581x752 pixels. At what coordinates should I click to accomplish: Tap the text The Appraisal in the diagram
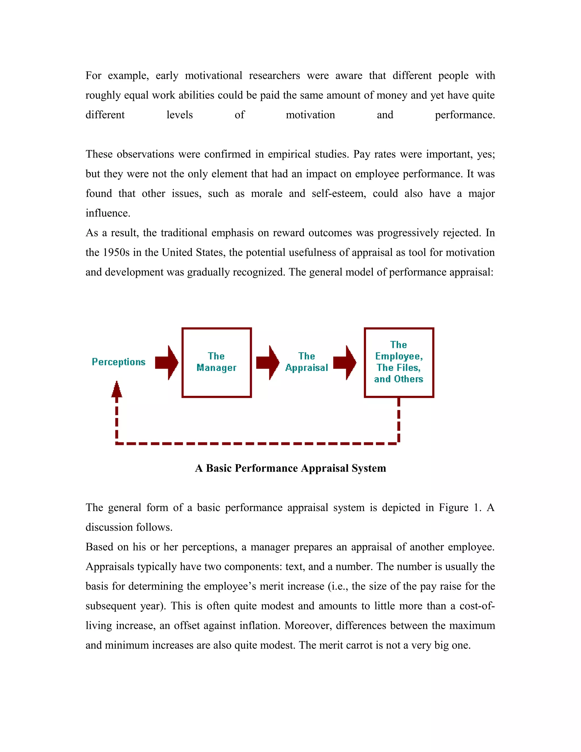click(x=306, y=362)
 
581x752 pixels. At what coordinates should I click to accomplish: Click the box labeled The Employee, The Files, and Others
click(x=399, y=362)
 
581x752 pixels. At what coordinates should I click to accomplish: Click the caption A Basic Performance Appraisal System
click(x=290, y=468)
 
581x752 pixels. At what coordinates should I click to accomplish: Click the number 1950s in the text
click(x=116, y=252)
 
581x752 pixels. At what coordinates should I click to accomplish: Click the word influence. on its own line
click(x=108, y=213)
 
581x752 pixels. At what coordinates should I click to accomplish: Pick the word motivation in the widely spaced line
click(x=310, y=115)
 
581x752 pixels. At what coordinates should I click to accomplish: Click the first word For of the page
click(x=93, y=76)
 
